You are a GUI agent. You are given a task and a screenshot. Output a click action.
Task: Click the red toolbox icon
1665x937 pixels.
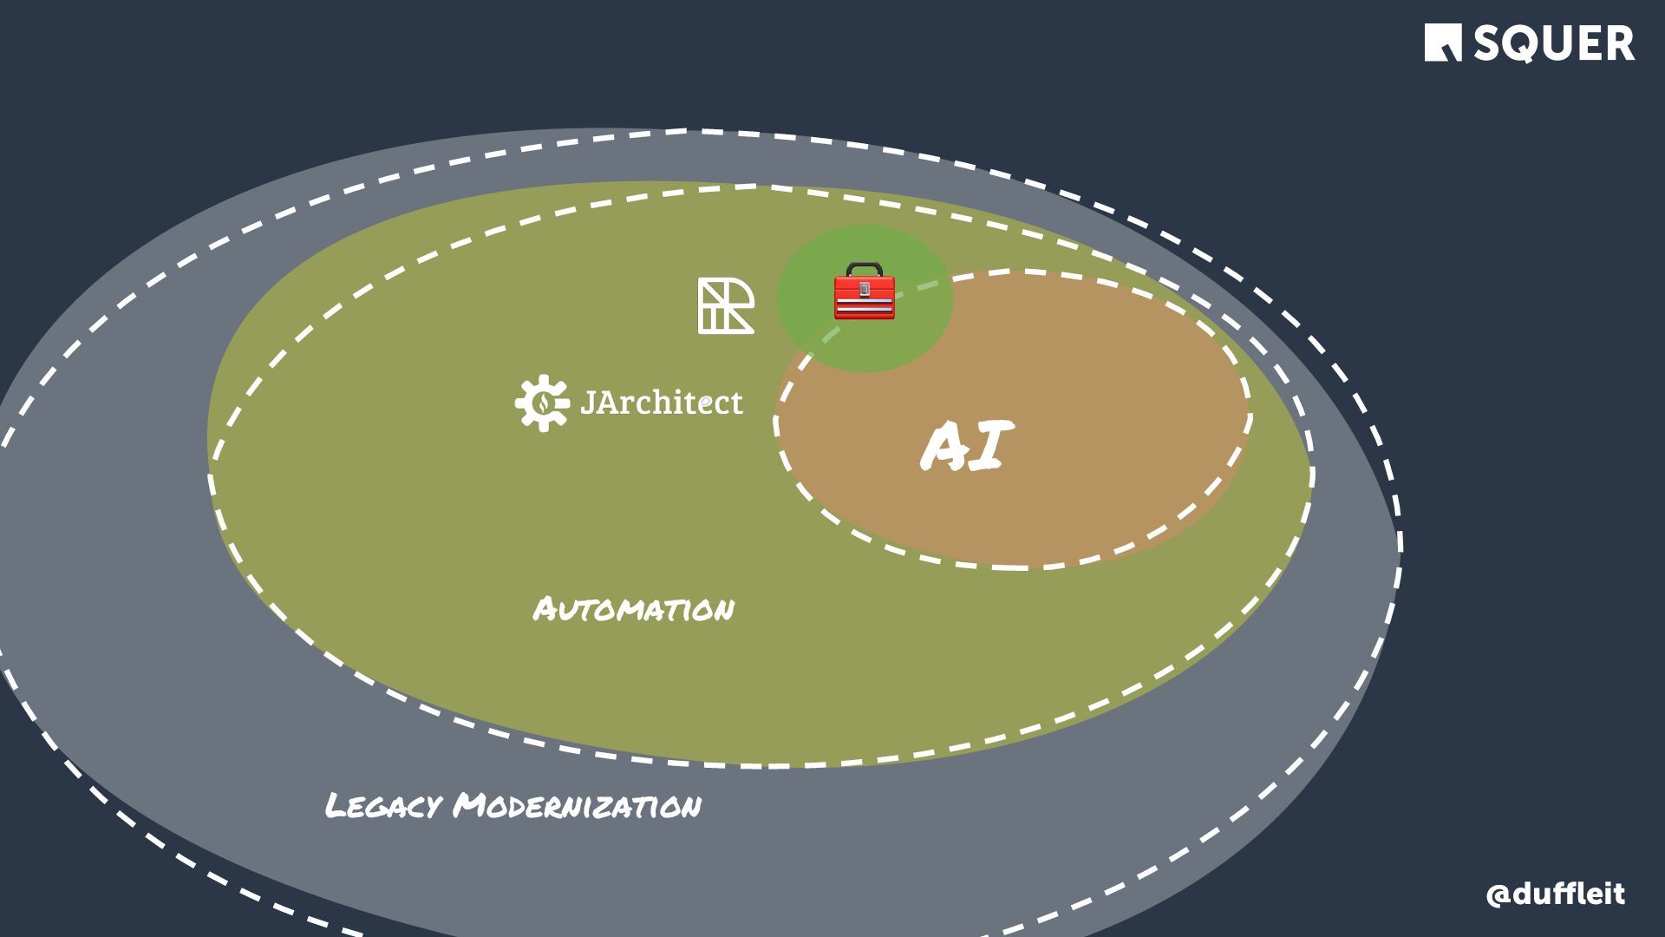point(864,292)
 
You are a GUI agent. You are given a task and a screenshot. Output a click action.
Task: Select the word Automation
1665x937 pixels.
point(633,609)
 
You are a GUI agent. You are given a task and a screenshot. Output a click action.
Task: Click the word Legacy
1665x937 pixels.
point(382,806)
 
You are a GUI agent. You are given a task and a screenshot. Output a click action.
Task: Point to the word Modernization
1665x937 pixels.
point(578,806)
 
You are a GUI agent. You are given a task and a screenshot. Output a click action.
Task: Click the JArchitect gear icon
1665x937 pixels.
point(542,403)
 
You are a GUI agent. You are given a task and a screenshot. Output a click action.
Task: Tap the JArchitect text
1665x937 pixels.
point(661,403)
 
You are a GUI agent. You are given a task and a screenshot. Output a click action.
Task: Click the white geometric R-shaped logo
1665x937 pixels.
point(726,306)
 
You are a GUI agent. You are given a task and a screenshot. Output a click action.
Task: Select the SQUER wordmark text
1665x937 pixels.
point(1553,43)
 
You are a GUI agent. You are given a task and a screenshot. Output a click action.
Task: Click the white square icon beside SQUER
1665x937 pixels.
point(1443,43)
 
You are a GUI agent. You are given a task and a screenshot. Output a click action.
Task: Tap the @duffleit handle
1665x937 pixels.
point(1555,894)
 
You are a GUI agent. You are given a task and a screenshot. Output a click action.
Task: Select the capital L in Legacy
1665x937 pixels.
point(336,806)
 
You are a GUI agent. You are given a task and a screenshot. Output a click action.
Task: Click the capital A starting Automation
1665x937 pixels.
point(545,609)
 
